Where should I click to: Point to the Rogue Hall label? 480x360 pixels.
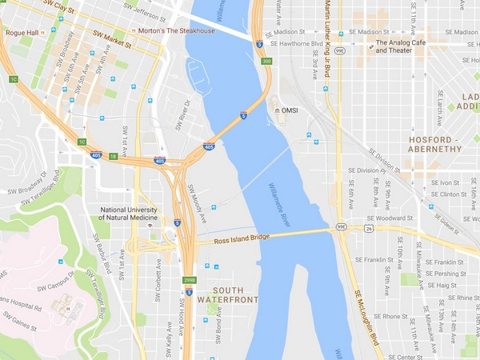(22, 33)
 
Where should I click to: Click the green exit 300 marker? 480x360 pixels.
(266, 62)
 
